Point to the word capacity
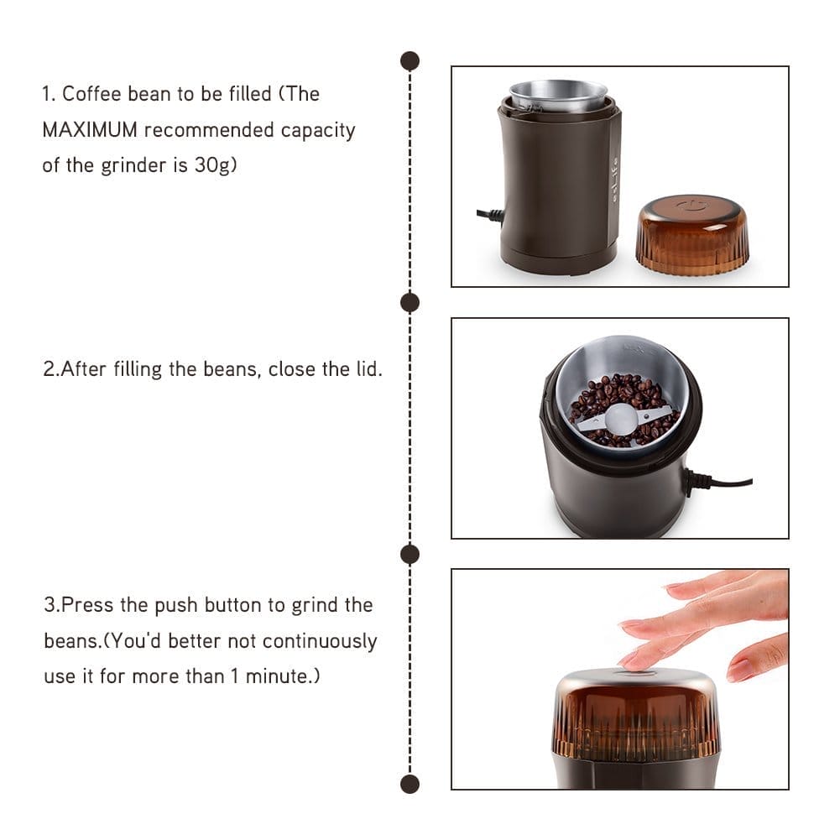point(318,130)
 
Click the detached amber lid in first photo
point(691,237)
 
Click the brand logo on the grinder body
point(612,176)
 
